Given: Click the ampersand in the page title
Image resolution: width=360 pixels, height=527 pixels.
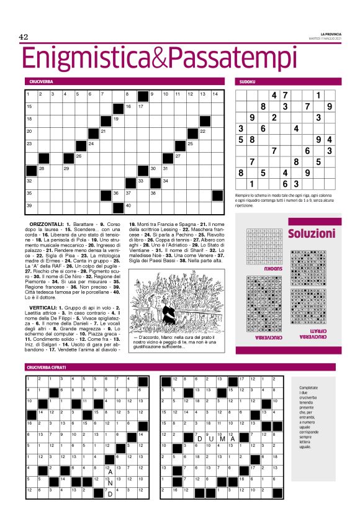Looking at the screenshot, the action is coord(160,58).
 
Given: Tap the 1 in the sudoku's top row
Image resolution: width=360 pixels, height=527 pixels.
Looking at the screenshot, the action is coord(318,96).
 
